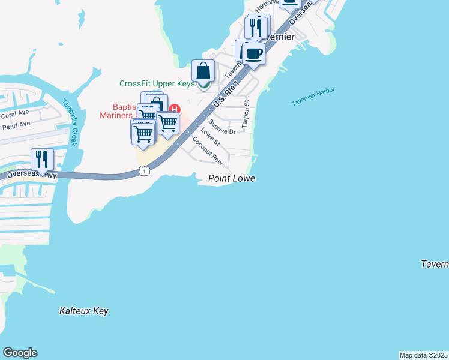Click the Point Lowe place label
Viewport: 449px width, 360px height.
pyautogui.click(x=232, y=179)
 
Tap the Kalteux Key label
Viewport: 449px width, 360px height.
pyautogui.click(x=84, y=311)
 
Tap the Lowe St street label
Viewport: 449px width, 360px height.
pyautogui.click(x=210, y=137)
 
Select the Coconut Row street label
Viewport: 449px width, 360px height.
pyautogui.click(x=208, y=151)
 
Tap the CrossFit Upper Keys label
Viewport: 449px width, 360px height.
pyautogui.click(x=157, y=84)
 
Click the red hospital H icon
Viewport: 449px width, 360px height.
pyautogui.click(x=175, y=109)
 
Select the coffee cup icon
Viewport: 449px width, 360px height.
pyautogui.click(x=254, y=53)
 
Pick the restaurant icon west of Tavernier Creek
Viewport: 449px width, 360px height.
pyautogui.click(x=42, y=159)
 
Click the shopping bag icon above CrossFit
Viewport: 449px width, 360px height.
pyautogui.click(x=203, y=71)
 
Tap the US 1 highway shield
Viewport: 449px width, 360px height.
pyautogui.click(x=144, y=172)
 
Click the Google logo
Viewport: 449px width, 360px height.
pyautogui.click(x=20, y=353)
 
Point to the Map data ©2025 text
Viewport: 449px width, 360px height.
pyautogui.click(x=423, y=355)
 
